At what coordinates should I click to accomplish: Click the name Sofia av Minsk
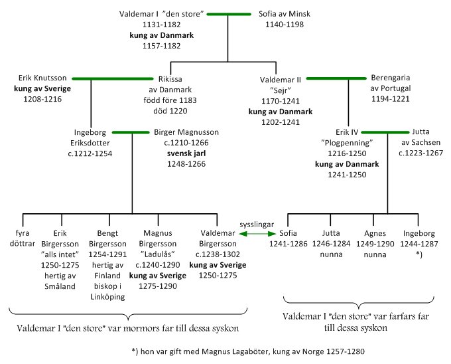click(x=288, y=13)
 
